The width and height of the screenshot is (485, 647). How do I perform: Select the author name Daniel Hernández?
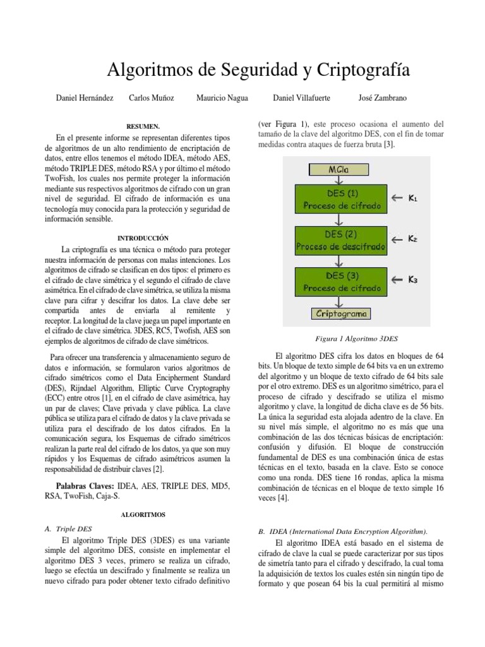click(x=85, y=98)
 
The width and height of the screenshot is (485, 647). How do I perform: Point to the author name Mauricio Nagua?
click(x=222, y=98)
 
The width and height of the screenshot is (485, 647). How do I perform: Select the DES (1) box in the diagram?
click(x=342, y=199)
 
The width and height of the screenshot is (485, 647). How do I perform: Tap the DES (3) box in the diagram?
click(x=342, y=281)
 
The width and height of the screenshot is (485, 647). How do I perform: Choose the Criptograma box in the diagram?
click(x=342, y=313)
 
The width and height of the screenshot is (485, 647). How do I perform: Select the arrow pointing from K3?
click(x=397, y=280)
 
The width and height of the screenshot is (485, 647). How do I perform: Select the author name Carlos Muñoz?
click(x=152, y=98)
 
